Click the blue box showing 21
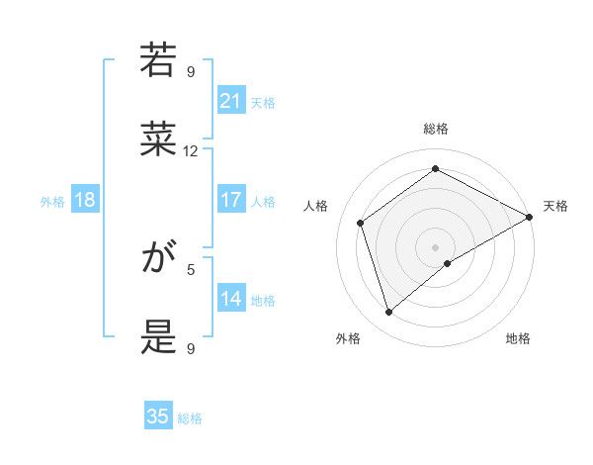click(231, 100)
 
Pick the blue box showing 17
click(231, 200)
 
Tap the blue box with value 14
click(231, 299)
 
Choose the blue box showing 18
click(85, 200)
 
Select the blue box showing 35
click(158, 417)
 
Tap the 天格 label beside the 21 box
click(263, 102)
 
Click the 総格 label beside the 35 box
click(190, 418)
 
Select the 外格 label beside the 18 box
click(52, 202)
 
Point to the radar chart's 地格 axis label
click(518, 338)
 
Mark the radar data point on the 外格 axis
click(388, 313)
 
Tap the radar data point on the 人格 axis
click(361, 223)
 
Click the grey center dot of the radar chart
click(435, 246)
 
